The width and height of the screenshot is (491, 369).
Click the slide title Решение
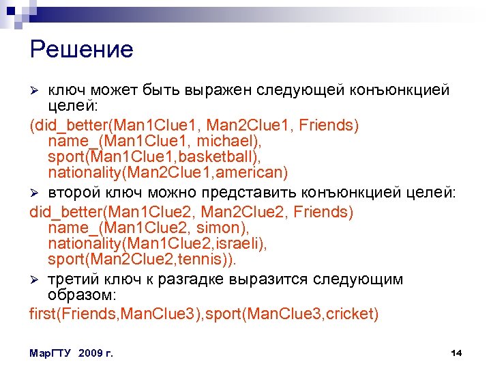(x=82, y=50)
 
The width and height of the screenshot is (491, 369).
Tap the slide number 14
(x=457, y=353)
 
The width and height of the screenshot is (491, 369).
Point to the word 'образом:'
(x=83, y=295)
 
